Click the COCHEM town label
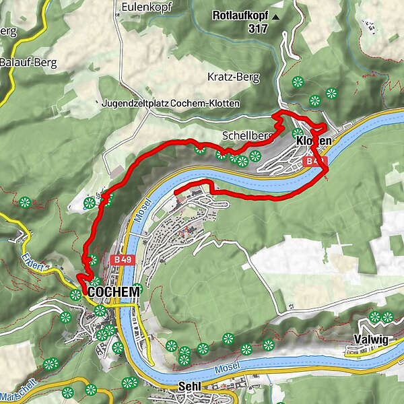(x=114, y=292)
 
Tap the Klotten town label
(x=314, y=141)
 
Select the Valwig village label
(x=370, y=340)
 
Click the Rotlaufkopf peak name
(x=240, y=15)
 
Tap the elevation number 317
(x=257, y=28)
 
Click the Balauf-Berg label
(x=28, y=63)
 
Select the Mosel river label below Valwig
(x=227, y=371)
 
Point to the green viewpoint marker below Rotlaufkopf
(x=297, y=82)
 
